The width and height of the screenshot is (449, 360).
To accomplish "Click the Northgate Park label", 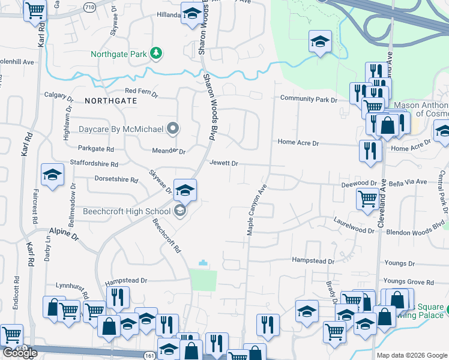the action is click(x=119, y=54).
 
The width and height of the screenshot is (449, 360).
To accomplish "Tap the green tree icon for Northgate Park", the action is click(x=155, y=53).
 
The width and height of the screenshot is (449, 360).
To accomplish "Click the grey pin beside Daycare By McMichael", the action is click(x=173, y=128).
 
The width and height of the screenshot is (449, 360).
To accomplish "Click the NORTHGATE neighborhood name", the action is click(x=111, y=101).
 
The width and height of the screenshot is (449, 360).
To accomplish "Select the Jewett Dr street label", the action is click(x=224, y=163).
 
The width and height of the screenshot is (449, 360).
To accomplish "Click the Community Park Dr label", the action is click(x=309, y=99).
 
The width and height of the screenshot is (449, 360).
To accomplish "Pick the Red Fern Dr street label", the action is click(x=141, y=91).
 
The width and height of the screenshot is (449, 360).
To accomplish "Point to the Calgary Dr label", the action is click(x=59, y=95).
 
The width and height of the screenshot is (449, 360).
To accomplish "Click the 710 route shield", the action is click(x=89, y=7).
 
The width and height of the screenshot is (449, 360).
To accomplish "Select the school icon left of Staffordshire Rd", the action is click(x=52, y=175).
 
